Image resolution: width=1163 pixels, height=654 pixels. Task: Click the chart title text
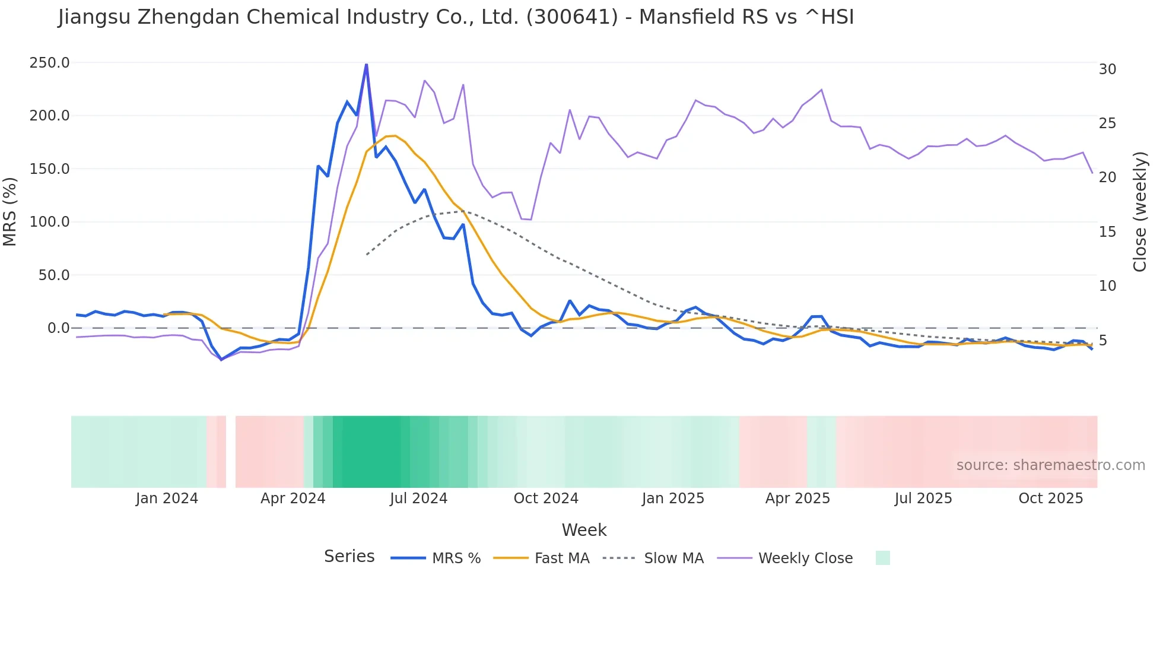click(x=456, y=17)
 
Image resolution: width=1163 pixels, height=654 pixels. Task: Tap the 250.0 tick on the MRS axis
click(x=50, y=63)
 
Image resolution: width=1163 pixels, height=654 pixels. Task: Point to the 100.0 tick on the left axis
click(x=50, y=222)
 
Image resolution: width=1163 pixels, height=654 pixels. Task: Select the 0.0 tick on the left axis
click(x=59, y=328)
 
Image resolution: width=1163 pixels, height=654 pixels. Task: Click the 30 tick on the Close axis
click(x=1107, y=69)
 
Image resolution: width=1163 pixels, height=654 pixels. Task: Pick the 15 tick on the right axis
click(x=1107, y=232)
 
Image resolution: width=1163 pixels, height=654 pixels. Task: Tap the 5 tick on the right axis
click(x=1103, y=341)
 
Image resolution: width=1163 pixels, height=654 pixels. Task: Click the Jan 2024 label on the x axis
click(x=167, y=499)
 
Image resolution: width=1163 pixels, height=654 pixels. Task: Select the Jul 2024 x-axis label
click(x=418, y=499)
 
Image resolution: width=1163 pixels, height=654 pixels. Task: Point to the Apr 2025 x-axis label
click(x=797, y=499)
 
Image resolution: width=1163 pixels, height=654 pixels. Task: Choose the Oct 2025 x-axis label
click(x=1050, y=499)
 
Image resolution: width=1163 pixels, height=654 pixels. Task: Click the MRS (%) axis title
click(x=10, y=211)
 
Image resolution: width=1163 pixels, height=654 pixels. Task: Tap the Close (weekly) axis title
click(x=1140, y=212)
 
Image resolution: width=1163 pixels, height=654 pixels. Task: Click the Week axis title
click(x=584, y=530)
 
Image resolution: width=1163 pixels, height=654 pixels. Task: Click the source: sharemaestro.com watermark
click(x=1050, y=465)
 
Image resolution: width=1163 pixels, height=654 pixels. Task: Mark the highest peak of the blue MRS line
click(x=366, y=64)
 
